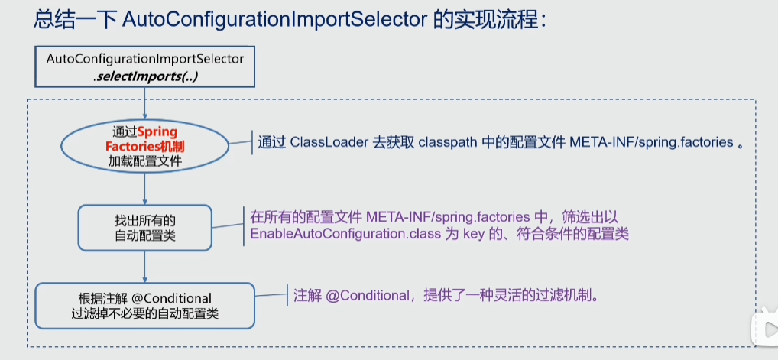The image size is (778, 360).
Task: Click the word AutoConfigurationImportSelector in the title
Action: click(x=274, y=21)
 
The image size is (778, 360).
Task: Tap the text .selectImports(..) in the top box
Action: click(x=145, y=76)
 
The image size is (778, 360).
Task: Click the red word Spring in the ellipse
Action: click(x=157, y=132)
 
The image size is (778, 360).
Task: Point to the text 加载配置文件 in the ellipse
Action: click(x=144, y=161)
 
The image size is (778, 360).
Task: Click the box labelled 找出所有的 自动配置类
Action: click(x=145, y=228)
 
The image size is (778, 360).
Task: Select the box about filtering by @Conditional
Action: click(x=145, y=306)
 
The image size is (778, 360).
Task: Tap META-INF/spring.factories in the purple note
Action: click(x=449, y=218)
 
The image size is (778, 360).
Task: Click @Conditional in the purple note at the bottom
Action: click(x=366, y=297)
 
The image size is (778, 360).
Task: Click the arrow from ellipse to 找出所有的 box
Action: click(x=144, y=188)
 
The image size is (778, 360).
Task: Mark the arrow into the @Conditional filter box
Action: click(x=144, y=268)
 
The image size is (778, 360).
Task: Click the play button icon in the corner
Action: click(x=764, y=329)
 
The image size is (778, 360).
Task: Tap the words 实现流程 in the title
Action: click(x=489, y=21)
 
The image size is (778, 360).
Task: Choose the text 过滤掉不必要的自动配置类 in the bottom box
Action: click(x=145, y=314)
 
